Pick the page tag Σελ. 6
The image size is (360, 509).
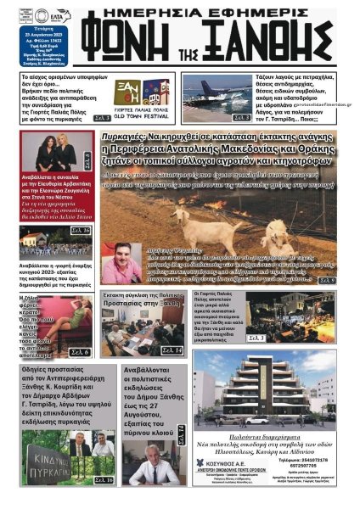tap(79, 351)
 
